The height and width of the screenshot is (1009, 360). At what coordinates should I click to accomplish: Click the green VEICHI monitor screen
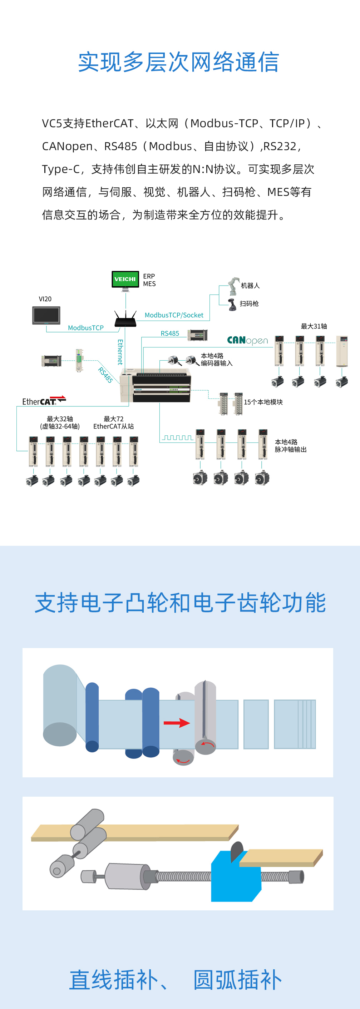click(x=125, y=279)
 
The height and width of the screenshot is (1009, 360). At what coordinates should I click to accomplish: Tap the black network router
click(x=125, y=319)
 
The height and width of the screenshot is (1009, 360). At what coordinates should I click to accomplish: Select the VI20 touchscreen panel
click(x=46, y=315)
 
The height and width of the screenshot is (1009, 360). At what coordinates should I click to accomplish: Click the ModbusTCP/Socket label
click(x=174, y=315)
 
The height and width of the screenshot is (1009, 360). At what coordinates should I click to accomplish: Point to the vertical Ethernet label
click(x=120, y=352)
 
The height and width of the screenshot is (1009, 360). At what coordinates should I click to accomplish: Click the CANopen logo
click(x=248, y=340)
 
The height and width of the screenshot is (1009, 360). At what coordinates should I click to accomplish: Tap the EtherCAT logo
click(x=44, y=401)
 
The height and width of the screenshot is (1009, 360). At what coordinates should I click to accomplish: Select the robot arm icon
click(x=234, y=286)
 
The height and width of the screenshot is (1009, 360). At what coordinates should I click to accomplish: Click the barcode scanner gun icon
click(x=232, y=305)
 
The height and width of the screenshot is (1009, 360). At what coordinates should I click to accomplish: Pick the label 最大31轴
click(x=314, y=326)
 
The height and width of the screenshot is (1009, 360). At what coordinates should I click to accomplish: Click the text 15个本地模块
click(x=263, y=402)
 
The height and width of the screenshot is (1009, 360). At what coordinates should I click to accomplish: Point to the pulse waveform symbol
click(x=178, y=437)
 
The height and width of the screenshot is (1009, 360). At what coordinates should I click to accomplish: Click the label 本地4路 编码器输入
click(x=217, y=360)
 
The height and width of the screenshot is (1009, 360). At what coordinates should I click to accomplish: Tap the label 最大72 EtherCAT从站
click(x=114, y=422)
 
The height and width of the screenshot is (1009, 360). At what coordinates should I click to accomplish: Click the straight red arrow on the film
click(x=177, y=723)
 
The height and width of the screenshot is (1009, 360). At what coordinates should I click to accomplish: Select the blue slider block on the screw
click(x=236, y=876)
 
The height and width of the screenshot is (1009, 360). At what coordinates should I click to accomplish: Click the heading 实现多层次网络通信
click(x=179, y=62)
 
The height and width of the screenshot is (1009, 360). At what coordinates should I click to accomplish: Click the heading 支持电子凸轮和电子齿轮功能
click(x=180, y=602)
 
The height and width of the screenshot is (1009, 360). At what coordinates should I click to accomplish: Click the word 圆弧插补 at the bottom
click(x=238, y=980)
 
